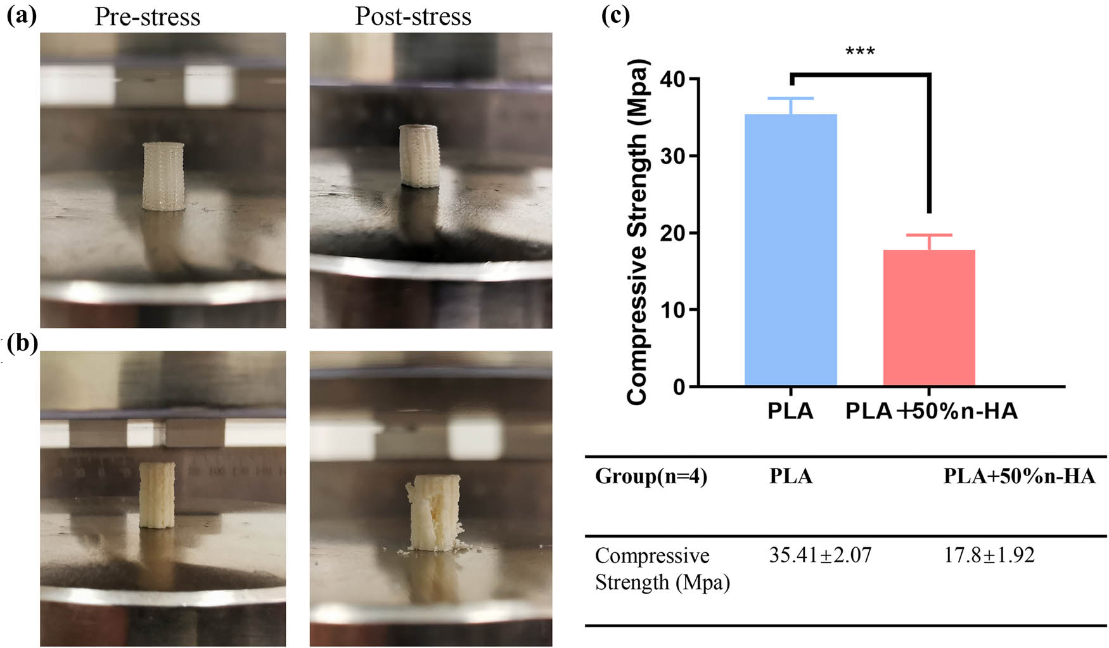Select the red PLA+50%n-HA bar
pos(929,318)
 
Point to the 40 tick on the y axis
pos(672,79)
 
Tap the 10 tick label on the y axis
pos(672,310)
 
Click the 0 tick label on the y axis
pos(679,387)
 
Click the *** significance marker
pos(860,51)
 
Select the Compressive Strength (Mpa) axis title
pos(637,231)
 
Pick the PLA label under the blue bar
pos(790,411)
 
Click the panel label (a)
pos(22,16)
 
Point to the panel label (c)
pos(615,16)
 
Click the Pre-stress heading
pos(147,17)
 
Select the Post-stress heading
pos(413,16)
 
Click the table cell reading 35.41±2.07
pos(820,555)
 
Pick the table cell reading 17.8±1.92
pos(989,555)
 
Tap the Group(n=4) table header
pos(651,476)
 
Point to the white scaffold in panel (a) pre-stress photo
pos(163,176)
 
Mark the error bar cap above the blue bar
pos(790,98)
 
